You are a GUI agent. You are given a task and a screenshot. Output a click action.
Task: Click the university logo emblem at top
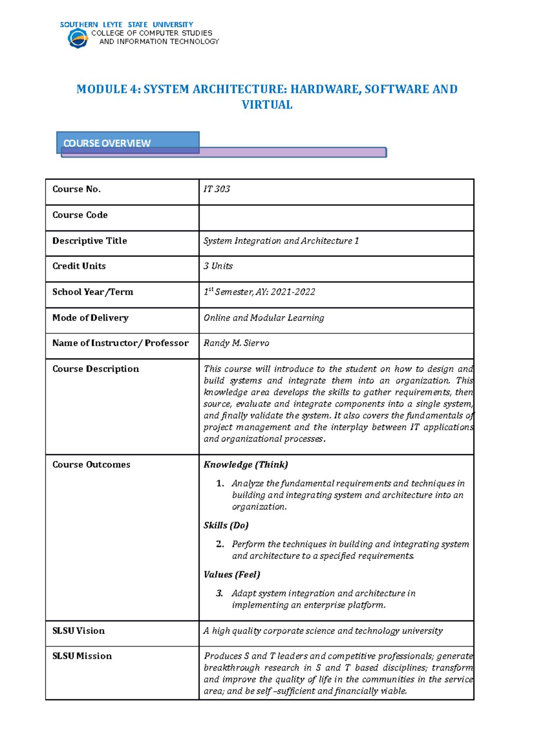tap(78, 38)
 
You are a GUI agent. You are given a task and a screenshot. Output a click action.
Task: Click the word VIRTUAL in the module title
tap(267, 105)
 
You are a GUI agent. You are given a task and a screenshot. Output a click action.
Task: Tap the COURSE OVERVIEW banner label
tap(107, 143)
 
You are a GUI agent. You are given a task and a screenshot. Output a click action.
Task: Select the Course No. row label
tap(77, 189)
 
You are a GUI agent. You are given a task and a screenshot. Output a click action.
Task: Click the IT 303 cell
tap(217, 189)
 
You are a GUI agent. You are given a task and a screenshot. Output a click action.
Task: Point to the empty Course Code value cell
tap(336, 218)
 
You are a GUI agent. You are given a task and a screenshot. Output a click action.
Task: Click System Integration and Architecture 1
tap(281, 241)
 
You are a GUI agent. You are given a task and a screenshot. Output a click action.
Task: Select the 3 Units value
tap(218, 266)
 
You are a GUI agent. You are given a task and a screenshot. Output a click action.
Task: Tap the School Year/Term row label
tap(93, 292)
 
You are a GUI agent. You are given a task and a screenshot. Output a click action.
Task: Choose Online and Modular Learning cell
tap(263, 318)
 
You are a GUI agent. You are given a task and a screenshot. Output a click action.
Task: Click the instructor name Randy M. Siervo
tap(236, 343)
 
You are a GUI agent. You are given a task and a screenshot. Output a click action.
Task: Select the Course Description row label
tap(96, 369)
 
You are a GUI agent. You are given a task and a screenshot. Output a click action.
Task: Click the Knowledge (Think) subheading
tap(246, 465)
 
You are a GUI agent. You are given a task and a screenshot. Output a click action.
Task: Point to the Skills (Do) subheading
tap(226, 525)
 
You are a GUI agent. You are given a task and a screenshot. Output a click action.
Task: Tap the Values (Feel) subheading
tap(232, 575)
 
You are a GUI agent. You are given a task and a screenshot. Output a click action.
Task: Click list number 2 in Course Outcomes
tap(220, 544)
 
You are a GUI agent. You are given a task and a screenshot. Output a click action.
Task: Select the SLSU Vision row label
tap(78, 631)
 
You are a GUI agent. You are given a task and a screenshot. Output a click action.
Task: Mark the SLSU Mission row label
tap(82, 656)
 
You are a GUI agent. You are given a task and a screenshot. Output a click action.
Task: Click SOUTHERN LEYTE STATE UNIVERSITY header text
tap(126, 24)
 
